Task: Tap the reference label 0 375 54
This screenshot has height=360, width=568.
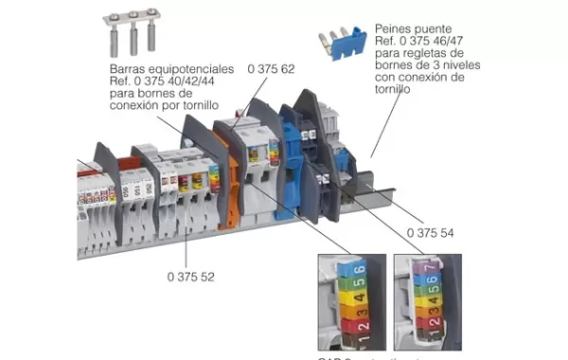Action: [429, 232]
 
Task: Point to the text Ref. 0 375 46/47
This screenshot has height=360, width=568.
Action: [422, 43]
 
